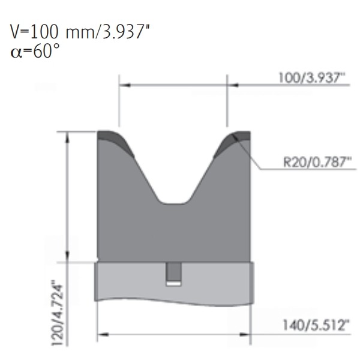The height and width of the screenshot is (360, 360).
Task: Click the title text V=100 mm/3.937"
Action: click(79, 32)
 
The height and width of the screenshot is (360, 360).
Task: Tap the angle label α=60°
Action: click(35, 50)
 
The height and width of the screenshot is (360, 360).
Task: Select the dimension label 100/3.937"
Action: click(312, 77)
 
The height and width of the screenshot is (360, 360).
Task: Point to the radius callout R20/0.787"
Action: click(317, 162)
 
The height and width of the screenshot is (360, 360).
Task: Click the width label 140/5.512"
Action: click(316, 325)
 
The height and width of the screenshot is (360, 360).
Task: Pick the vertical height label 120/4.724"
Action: click(57, 313)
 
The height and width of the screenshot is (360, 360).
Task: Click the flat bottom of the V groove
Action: click(174, 203)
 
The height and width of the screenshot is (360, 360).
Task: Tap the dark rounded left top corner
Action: click(116, 141)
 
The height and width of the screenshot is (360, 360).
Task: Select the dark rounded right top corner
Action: click(232, 141)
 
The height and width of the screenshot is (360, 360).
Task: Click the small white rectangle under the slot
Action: click(173, 284)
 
